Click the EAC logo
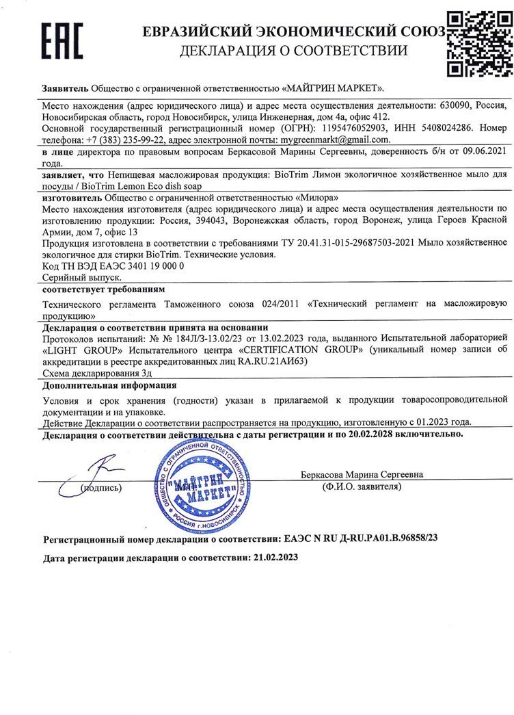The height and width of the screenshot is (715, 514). pos(62,40)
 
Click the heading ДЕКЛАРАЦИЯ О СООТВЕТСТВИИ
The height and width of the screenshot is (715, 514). pos(294,51)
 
